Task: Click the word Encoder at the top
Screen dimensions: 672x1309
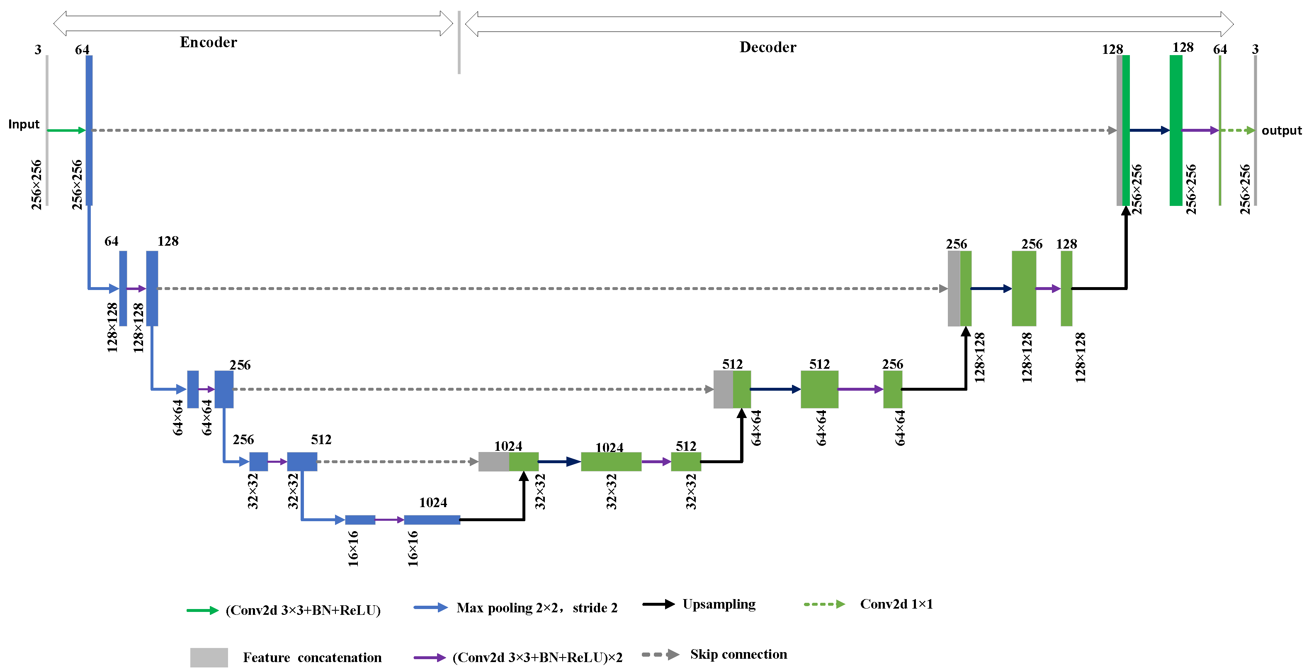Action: pyautogui.click(x=208, y=42)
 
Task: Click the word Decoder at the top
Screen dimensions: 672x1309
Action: pyautogui.click(x=767, y=47)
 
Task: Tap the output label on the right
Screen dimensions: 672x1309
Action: pyautogui.click(x=1281, y=131)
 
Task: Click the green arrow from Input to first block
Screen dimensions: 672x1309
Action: pyautogui.click(x=66, y=131)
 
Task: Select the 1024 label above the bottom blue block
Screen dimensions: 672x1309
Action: pyautogui.click(x=433, y=503)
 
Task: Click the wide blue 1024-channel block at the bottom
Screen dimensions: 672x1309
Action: pyautogui.click(x=432, y=520)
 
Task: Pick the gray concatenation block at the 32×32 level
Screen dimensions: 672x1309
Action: pyautogui.click(x=493, y=462)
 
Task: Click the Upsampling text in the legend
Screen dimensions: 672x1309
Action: pyautogui.click(x=719, y=604)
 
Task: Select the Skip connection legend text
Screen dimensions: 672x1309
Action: pyautogui.click(x=738, y=654)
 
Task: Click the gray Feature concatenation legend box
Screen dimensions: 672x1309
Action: pyautogui.click(x=209, y=657)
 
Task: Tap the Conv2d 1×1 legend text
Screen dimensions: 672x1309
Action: pyautogui.click(x=896, y=604)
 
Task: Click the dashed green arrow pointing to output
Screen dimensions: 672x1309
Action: pyautogui.click(x=1237, y=131)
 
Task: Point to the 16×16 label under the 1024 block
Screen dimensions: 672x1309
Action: pyautogui.click(x=413, y=549)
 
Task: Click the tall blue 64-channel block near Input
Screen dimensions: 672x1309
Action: pyautogui.click(x=89, y=131)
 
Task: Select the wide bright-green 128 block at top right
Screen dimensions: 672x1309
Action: pyautogui.click(x=1175, y=131)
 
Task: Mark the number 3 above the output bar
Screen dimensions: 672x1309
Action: pyautogui.click(x=1255, y=49)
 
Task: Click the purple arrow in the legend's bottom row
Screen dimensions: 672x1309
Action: pyautogui.click(x=430, y=657)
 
